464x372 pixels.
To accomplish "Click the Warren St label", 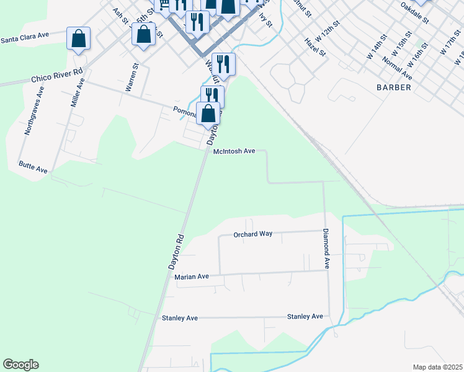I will pyautogui.click(x=132, y=78).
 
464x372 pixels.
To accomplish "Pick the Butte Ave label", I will pyautogui.click(x=33, y=169).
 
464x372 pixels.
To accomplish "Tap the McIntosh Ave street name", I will pyautogui.click(x=234, y=151).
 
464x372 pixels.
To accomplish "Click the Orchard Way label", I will pyautogui.click(x=252, y=234).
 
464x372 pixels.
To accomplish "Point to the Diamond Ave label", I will pyautogui.click(x=324, y=249).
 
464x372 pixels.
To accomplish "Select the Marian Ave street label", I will pyautogui.click(x=192, y=277).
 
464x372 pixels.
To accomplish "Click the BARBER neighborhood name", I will pyautogui.click(x=393, y=87).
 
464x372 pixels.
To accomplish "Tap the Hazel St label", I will pyautogui.click(x=315, y=46).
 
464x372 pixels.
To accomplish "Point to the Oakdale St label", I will pyautogui.click(x=415, y=12).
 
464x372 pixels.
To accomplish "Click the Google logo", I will pyautogui.click(x=20, y=365).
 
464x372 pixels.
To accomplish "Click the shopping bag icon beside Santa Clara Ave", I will pyautogui.click(x=79, y=38).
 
